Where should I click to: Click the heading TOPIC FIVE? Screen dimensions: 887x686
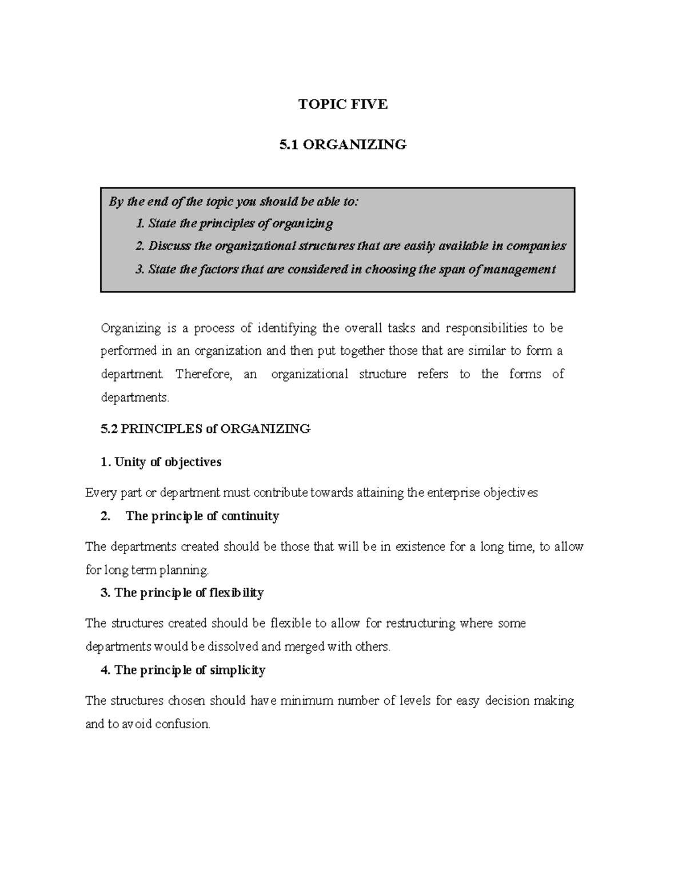click(x=343, y=104)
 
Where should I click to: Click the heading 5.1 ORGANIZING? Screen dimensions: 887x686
click(x=343, y=145)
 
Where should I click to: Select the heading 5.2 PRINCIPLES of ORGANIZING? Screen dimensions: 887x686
click(x=205, y=428)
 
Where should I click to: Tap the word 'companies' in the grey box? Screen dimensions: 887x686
click(x=536, y=246)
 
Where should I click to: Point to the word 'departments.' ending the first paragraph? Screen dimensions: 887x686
click(x=135, y=398)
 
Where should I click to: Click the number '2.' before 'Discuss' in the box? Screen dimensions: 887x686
click(x=140, y=246)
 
